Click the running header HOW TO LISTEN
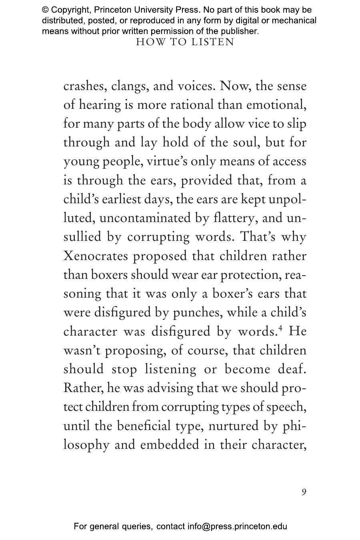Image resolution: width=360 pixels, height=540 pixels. (x=185, y=42)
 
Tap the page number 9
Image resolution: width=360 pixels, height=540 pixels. (x=304, y=492)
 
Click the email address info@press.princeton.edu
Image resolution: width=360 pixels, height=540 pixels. (x=237, y=526)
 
